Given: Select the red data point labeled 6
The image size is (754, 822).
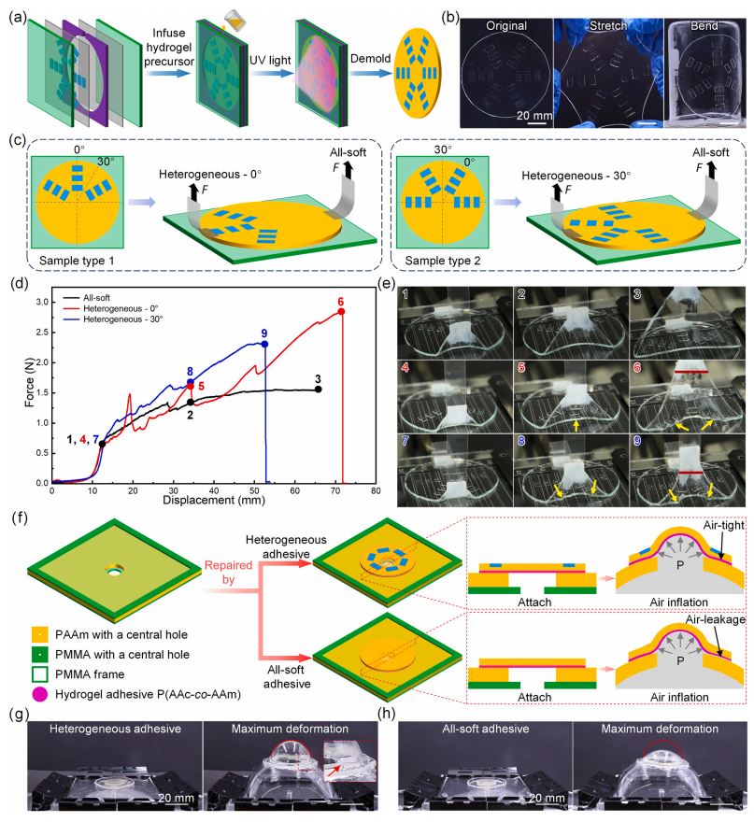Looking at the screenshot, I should point(342,311).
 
